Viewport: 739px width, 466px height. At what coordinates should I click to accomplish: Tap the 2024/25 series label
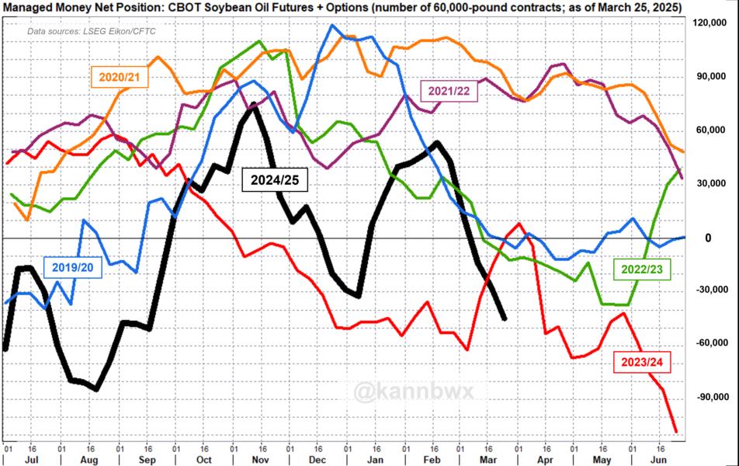coord(275,180)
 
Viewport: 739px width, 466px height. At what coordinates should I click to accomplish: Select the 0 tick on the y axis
coord(707,238)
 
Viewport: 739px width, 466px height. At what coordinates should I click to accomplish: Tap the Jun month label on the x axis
coord(667,458)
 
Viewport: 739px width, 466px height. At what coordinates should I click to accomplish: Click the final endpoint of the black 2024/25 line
coord(505,318)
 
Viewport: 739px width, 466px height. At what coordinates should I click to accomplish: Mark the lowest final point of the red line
coord(675,432)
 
